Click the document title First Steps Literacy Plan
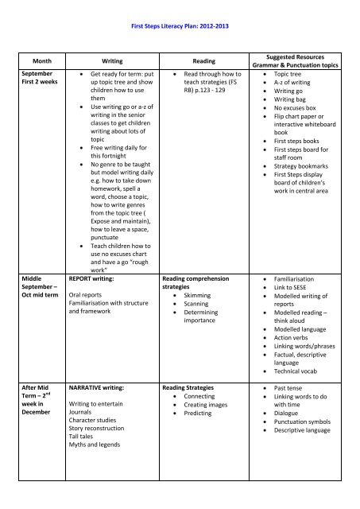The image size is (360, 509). [179, 27]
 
